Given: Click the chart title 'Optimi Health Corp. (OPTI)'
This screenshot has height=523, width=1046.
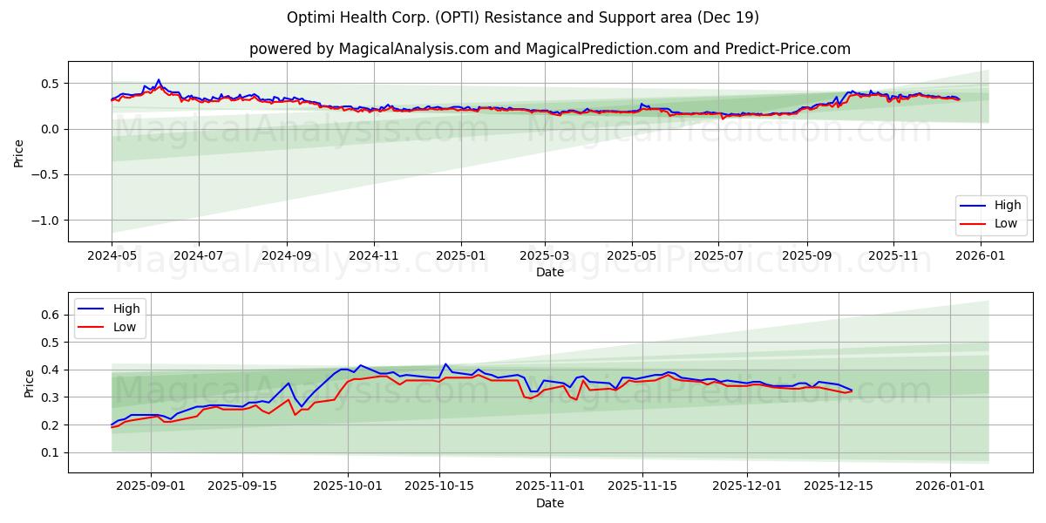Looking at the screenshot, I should [523, 17].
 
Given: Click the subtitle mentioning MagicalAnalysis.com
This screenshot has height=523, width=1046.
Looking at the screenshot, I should [549, 49].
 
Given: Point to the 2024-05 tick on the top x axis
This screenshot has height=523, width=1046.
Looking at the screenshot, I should [112, 256].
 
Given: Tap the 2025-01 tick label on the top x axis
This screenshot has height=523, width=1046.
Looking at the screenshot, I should [460, 256].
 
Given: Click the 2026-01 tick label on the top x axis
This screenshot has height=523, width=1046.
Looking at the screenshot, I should [981, 256].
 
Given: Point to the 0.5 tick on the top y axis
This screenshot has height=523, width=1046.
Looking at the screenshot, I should [51, 84].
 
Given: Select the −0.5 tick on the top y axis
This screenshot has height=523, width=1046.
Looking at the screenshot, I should [46, 175].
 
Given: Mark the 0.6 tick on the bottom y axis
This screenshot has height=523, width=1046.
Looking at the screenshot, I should [51, 315].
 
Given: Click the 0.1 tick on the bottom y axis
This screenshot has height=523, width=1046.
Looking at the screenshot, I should [51, 453].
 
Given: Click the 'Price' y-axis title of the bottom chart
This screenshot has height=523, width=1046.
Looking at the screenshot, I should [30, 383].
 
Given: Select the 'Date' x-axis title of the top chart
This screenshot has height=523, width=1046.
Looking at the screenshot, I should [549, 272].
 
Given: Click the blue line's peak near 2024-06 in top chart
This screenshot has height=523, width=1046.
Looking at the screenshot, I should [158, 79].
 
